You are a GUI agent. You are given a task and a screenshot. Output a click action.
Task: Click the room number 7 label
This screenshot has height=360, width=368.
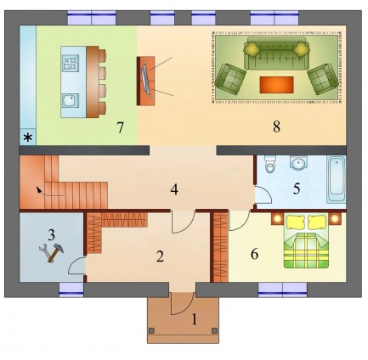[120, 127]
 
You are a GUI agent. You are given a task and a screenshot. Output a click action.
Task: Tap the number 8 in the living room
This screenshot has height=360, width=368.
[276, 127]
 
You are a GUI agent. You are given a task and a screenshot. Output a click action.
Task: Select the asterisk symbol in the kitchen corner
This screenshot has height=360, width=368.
[28, 138]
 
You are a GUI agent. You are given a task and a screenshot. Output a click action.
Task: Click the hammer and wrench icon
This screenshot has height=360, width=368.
[51, 251]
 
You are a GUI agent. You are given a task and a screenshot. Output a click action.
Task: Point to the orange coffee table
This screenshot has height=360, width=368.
[276, 85]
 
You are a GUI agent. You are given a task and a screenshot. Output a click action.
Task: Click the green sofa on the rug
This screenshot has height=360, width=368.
[276, 53]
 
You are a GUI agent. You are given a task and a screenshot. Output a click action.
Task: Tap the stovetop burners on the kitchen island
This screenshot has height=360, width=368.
[71, 63]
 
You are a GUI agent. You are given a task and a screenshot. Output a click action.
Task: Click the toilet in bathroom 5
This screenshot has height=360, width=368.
[269, 164]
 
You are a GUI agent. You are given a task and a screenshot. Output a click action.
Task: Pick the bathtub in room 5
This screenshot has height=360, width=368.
[336, 179]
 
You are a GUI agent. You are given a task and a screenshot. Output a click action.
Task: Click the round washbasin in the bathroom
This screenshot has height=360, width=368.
[298, 163]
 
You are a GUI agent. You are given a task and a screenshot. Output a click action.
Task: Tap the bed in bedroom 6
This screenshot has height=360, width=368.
[306, 241]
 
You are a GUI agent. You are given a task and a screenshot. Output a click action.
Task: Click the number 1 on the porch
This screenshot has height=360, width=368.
[194, 320]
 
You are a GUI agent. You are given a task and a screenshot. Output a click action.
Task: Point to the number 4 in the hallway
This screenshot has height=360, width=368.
[174, 189]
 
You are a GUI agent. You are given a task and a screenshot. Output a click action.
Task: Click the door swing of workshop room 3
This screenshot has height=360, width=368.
[76, 266]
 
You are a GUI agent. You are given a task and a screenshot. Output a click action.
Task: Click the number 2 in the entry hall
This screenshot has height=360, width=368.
[160, 256]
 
